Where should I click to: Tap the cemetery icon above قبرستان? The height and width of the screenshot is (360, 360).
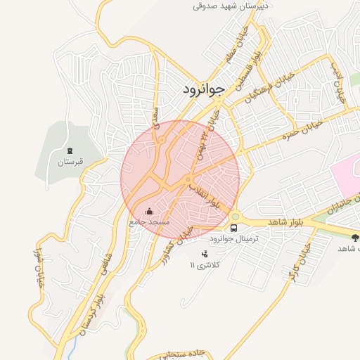pyautogui.click(x=70, y=150)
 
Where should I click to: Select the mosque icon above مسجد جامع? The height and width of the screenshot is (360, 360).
pyautogui.click(x=148, y=211)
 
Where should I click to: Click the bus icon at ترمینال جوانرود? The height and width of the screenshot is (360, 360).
pyautogui.click(x=234, y=228)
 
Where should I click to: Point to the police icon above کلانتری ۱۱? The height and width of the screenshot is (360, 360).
pyautogui.click(x=205, y=254)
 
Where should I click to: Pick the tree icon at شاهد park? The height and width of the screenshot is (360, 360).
pyautogui.click(x=355, y=238)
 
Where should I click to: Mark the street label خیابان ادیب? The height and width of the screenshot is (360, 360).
pyautogui.click(x=338, y=82)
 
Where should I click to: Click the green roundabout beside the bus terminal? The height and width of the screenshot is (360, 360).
pyautogui.click(x=235, y=216)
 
